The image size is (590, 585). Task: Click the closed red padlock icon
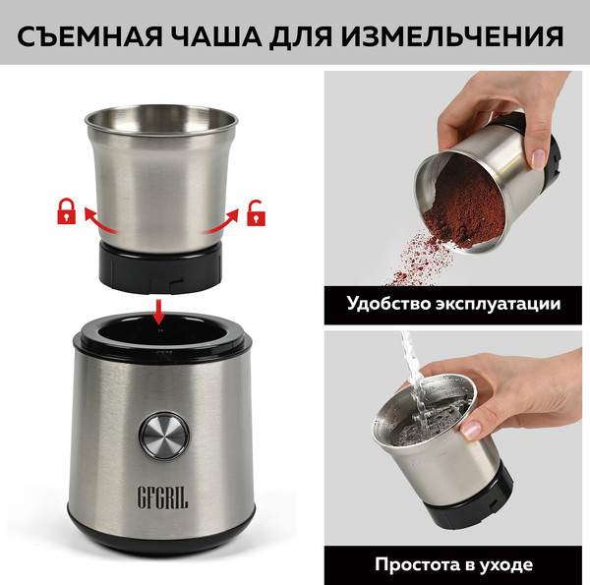[67, 209]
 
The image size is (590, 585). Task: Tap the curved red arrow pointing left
[98, 220]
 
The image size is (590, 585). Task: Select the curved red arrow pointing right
[222, 220]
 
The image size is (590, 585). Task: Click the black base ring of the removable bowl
[160, 270]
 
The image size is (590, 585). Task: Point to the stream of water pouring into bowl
[412, 379]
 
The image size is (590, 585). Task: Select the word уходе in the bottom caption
[508, 564]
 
